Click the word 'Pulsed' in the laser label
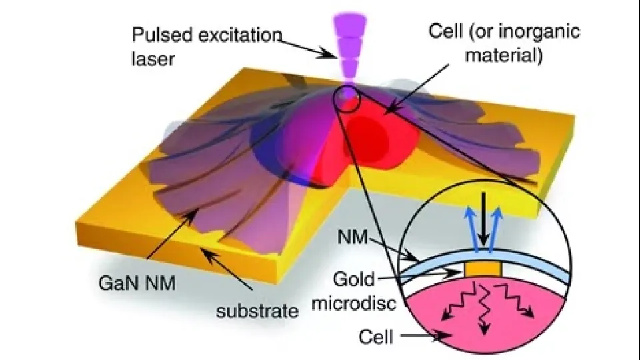click(161, 36)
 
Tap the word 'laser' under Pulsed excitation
click(153, 59)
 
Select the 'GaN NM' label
click(137, 283)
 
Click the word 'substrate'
click(257, 311)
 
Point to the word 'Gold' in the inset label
click(353, 279)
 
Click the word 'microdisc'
click(354, 303)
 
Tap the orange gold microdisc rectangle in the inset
click(483, 269)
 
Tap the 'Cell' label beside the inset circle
click(375, 337)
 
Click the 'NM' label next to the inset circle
click(353, 237)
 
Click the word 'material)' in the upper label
click(504, 55)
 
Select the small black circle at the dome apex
click(347, 99)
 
